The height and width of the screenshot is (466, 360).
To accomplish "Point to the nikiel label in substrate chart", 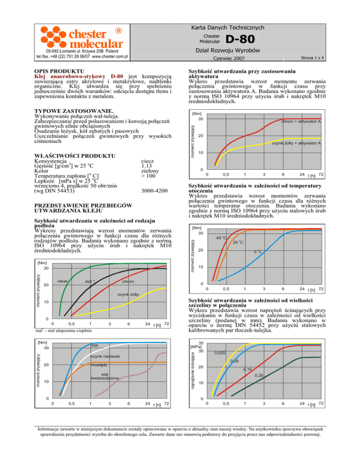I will click(62, 281).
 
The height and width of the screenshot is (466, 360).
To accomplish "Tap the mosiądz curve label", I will click(99, 364).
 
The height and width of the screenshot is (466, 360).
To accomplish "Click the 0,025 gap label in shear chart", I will click(221, 353).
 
